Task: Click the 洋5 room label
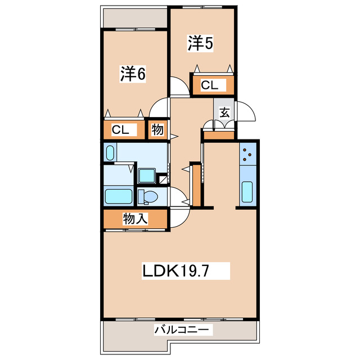tap(200, 43)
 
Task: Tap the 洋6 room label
tap(133, 74)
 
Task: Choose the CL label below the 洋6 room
tap(121, 130)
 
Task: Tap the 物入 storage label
tap(135, 218)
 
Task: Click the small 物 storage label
tap(157, 130)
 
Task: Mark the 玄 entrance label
tap(224, 111)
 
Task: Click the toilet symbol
tap(147, 197)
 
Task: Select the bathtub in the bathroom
tap(119, 197)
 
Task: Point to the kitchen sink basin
tap(247, 192)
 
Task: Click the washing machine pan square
tap(147, 175)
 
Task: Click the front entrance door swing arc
tap(246, 110)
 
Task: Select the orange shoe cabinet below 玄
tap(219, 135)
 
